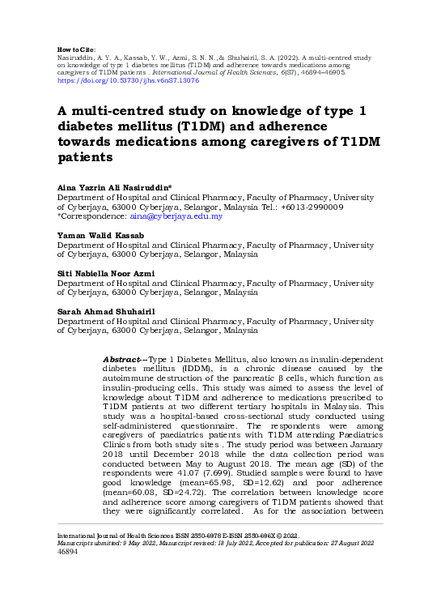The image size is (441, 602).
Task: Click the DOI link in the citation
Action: pyautogui.click(x=128, y=81)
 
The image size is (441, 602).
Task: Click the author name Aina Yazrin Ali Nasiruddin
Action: pyautogui.click(x=112, y=187)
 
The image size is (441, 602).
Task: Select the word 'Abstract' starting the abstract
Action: pyautogui.click(x=123, y=358)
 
